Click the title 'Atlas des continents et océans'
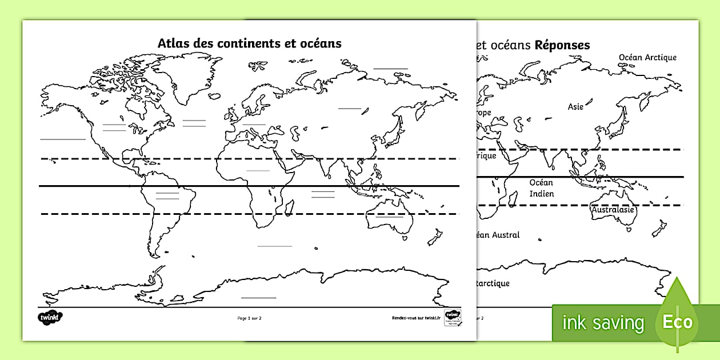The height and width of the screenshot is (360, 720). (x=249, y=43)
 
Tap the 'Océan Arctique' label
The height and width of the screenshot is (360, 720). (x=647, y=57)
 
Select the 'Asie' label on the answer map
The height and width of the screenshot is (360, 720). (x=575, y=107)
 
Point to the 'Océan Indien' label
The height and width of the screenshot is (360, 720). (x=541, y=188)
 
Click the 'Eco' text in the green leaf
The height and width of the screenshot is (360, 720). (x=677, y=322)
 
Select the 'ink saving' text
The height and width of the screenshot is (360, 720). (x=603, y=323)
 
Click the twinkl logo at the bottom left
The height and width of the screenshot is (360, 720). (x=50, y=317)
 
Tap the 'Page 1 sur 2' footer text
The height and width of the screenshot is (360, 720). (x=249, y=318)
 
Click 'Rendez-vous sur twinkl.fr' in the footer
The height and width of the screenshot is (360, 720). (x=416, y=318)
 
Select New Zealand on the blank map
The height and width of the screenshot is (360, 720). (x=435, y=236)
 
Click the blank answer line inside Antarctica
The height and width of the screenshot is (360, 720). (x=258, y=297)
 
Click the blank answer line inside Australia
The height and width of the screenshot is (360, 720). (x=389, y=217)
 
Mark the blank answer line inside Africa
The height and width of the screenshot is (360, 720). (x=258, y=170)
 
